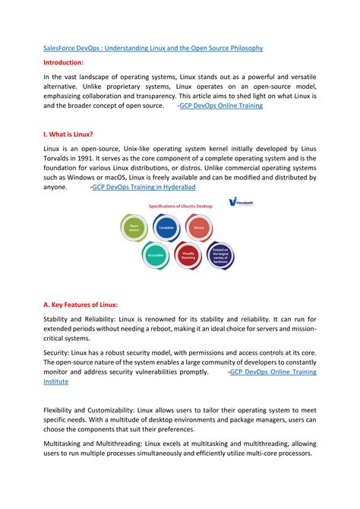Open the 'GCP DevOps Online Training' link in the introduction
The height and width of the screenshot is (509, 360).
[x=221, y=107]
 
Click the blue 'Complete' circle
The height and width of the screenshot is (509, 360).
[x=167, y=227]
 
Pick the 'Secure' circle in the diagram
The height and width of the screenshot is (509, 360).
[x=199, y=227]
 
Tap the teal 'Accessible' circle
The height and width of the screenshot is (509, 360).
[x=155, y=257]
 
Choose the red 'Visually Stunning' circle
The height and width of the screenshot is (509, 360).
[x=188, y=258]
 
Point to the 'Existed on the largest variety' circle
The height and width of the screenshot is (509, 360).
[x=220, y=258]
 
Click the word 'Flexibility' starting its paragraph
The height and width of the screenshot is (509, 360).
[x=61, y=409]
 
